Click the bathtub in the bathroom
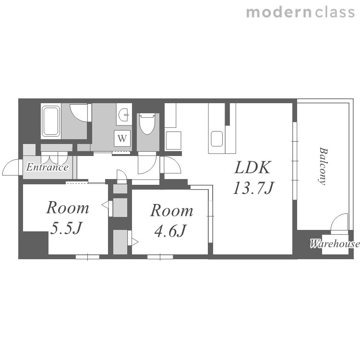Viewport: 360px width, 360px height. (x=51, y=121)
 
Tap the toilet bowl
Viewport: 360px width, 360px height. (x=147, y=124)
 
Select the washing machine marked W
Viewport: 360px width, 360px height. (x=122, y=138)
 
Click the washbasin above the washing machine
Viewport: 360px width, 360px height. (x=124, y=114)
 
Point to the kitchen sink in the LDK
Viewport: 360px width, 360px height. (x=217, y=138)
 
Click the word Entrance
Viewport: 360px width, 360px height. (x=48, y=167)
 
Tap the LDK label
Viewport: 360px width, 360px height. (x=252, y=168)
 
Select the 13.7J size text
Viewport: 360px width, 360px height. (x=254, y=188)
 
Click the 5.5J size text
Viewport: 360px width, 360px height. (x=66, y=228)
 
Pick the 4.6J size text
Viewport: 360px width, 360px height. (x=170, y=230)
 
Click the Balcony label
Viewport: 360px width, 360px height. (x=323, y=166)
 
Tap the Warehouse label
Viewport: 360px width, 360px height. (x=335, y=243)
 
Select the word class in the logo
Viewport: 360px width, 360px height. (x=335, y=12)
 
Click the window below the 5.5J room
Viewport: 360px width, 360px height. (x=87, y=257)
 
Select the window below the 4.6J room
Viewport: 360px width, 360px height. (x=160, y=257)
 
